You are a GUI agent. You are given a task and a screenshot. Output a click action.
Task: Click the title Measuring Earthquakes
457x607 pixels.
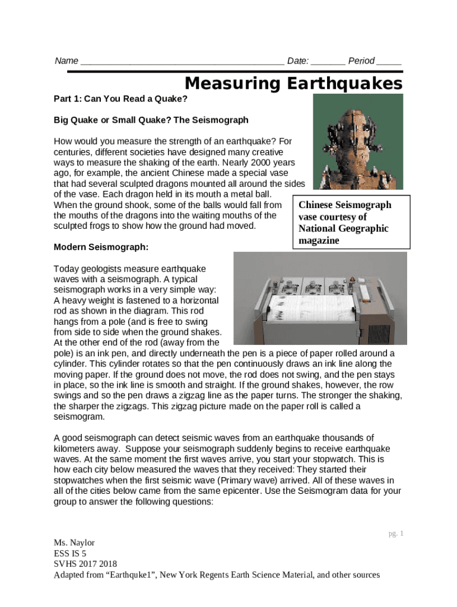(293, 84)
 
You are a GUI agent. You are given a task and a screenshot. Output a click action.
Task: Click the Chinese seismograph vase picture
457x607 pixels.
(358, 142)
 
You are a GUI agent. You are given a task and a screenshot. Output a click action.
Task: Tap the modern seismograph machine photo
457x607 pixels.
(320, 299)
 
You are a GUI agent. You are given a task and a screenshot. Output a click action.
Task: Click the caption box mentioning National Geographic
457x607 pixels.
(351, 223)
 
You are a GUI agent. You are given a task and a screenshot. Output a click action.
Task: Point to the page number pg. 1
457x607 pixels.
(396, 533)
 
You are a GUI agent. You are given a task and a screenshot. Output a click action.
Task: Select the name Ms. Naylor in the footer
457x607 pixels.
(74, 542)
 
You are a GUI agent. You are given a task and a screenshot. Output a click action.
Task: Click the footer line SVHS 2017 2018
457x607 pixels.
(85, 564)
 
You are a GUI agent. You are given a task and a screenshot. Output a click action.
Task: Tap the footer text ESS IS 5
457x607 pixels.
(70, 553)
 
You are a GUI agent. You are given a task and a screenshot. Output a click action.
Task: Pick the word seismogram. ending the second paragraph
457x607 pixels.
(79, 417)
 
